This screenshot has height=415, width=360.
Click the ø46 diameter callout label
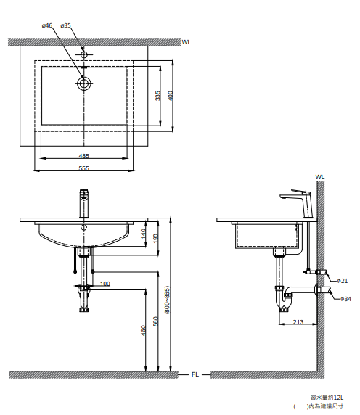click(47, 25)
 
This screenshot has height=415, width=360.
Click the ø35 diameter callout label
click(65, 25)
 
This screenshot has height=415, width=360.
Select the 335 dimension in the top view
click(157, 96)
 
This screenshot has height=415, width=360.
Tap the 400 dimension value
click(171, 96)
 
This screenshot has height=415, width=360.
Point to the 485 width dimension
click(84, 156)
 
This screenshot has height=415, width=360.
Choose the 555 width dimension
click(84, 168)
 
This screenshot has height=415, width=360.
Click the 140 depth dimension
click(143, 234)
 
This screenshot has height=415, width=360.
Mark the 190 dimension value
click(155, 238)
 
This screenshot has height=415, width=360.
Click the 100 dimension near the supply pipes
click(105, 284)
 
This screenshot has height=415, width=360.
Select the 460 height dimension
click(143, 330)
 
